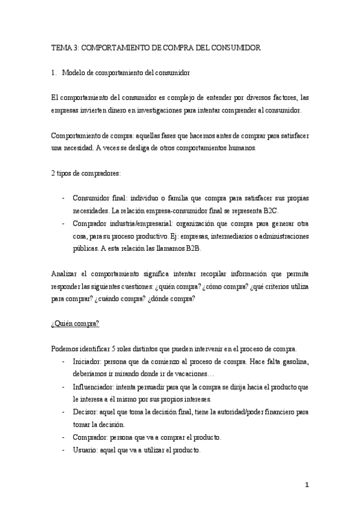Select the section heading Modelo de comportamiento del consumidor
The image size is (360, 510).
[126, 73]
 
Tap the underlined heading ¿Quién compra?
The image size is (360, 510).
[75, 324]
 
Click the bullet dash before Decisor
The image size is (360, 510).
[64, 412]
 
